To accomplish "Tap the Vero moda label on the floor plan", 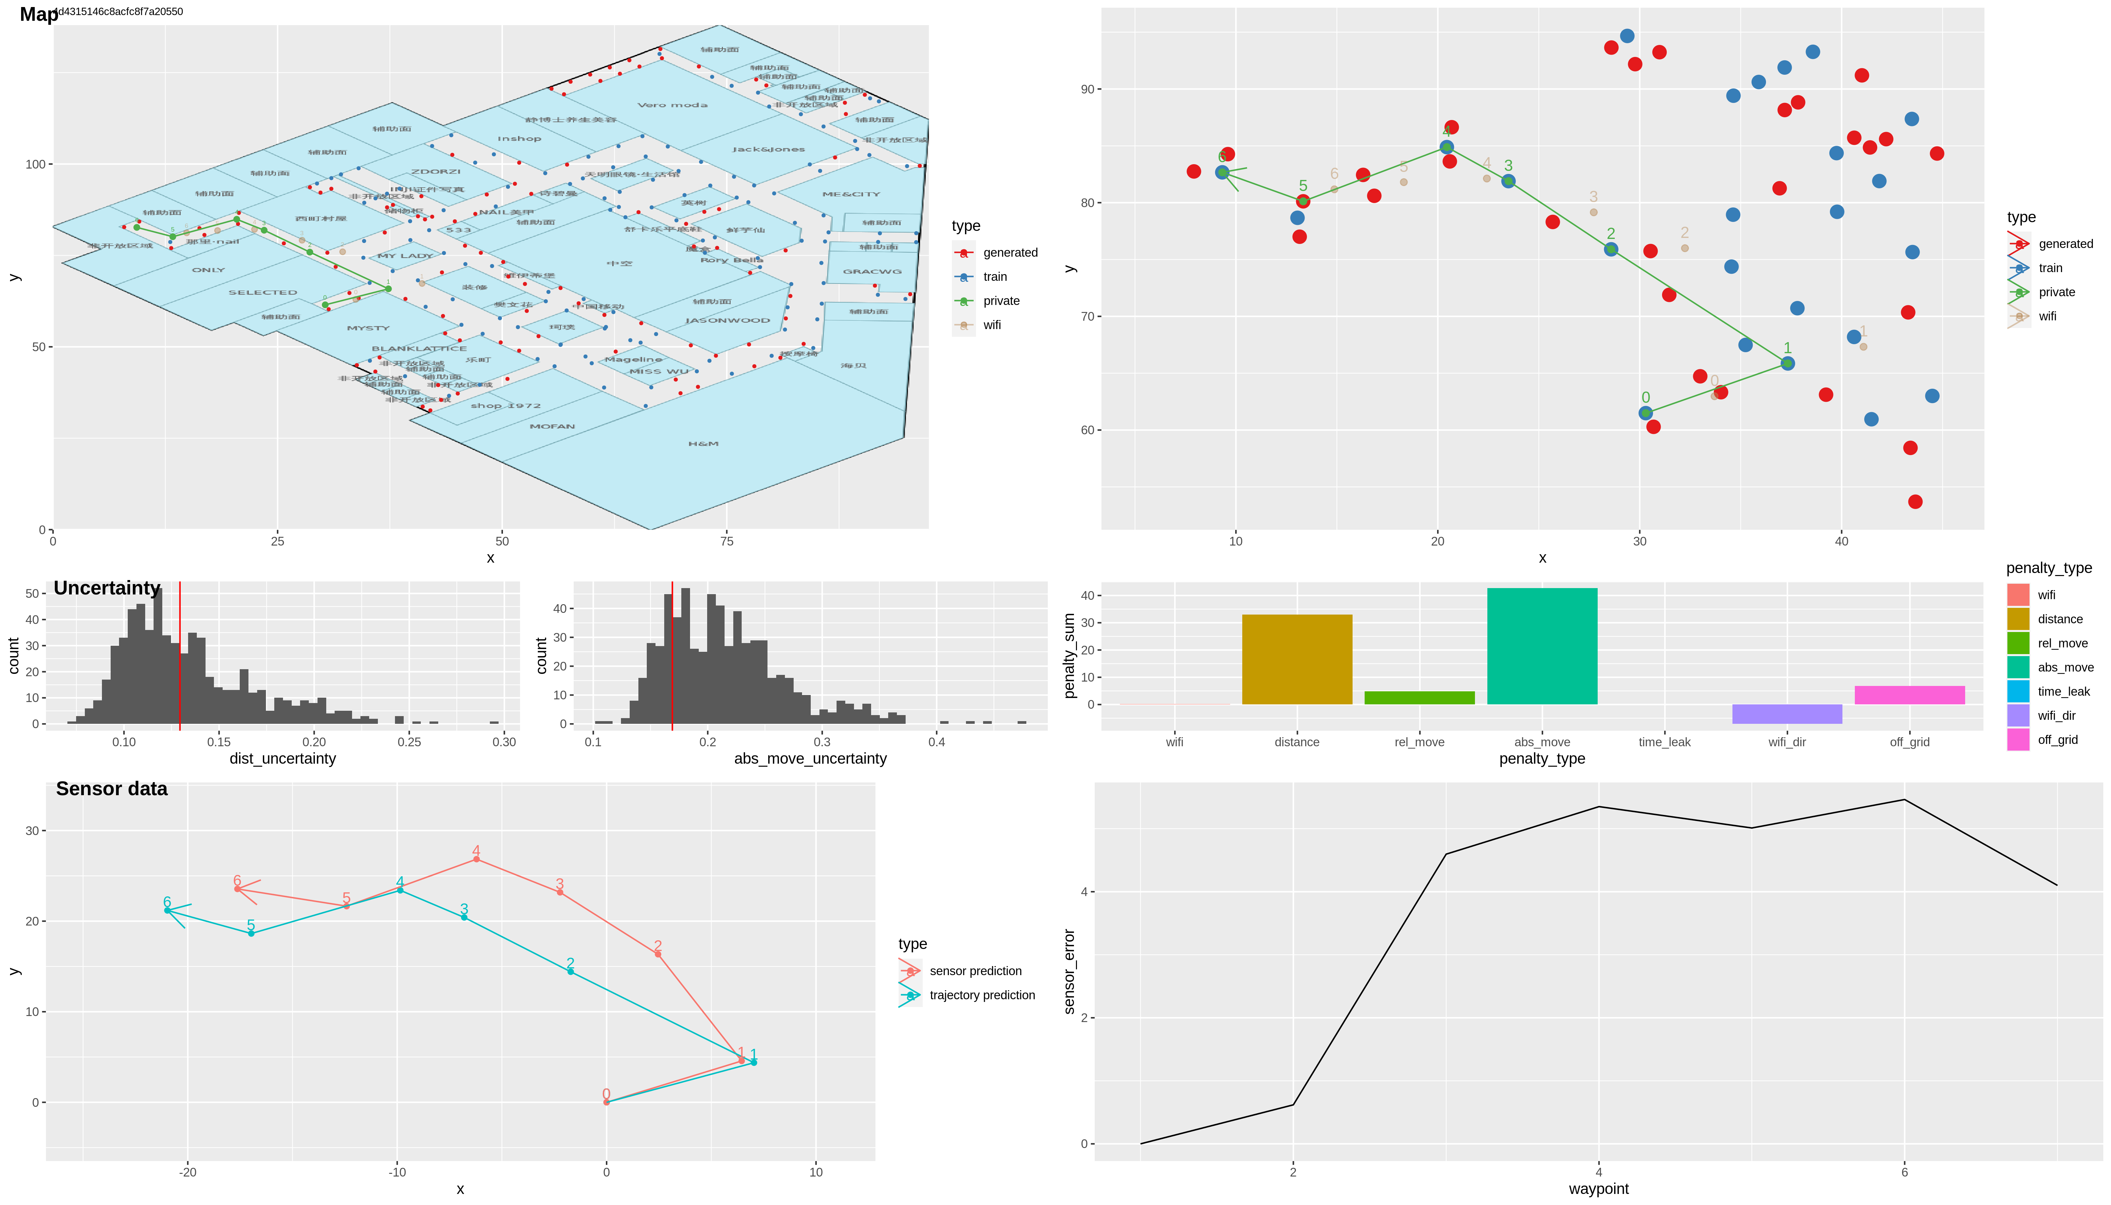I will click(x=672, y=105).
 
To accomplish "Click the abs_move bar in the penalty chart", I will click(x=1541, y=645).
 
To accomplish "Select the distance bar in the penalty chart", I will click(x=1296, y=659).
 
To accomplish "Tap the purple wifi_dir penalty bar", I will click(x=1786, y=713).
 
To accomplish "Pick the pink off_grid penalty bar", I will click(x=1909, y=695).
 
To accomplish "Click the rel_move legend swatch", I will click(x=2017, y=643).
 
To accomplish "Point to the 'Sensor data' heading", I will click(x=112, y=789).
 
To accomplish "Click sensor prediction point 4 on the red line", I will click(x=476, y=859).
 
